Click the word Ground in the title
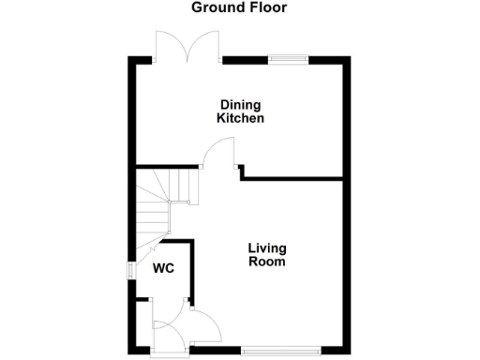[215, 7]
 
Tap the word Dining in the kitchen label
[240, 105]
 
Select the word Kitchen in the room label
[240, 119]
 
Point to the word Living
[266, 248]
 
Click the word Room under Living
[266, 262]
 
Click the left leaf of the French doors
[172, 45]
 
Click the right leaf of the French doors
[205, 45]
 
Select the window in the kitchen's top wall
[289, 60]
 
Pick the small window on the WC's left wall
[131, 267]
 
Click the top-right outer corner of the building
[349, 58]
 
